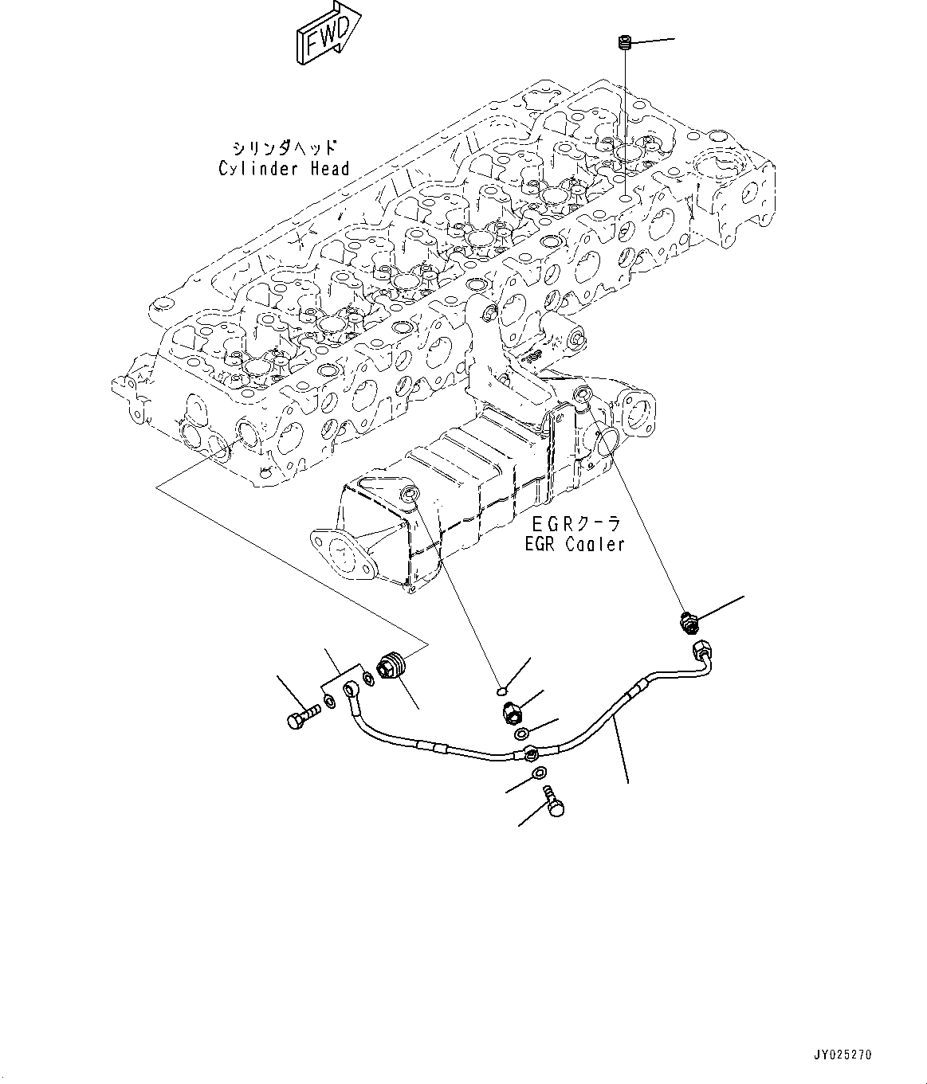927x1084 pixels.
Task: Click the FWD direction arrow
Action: pyautogui.click(x=328, y=36)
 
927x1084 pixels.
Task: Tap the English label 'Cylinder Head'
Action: pyautogui.click(x=284, y=169)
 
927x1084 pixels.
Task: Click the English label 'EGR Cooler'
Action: pyautogui.click(x=574, y=545)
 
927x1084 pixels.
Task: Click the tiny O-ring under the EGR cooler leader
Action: pyautogui.click(x=499, y=691)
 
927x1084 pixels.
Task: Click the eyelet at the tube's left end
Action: pyautogui.click(x=352, y=687)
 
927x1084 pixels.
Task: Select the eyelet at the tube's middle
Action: pyautogui.click(x=530, y=752)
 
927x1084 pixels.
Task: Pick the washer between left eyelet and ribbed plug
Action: pyautogui.click(x=368, y=678)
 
